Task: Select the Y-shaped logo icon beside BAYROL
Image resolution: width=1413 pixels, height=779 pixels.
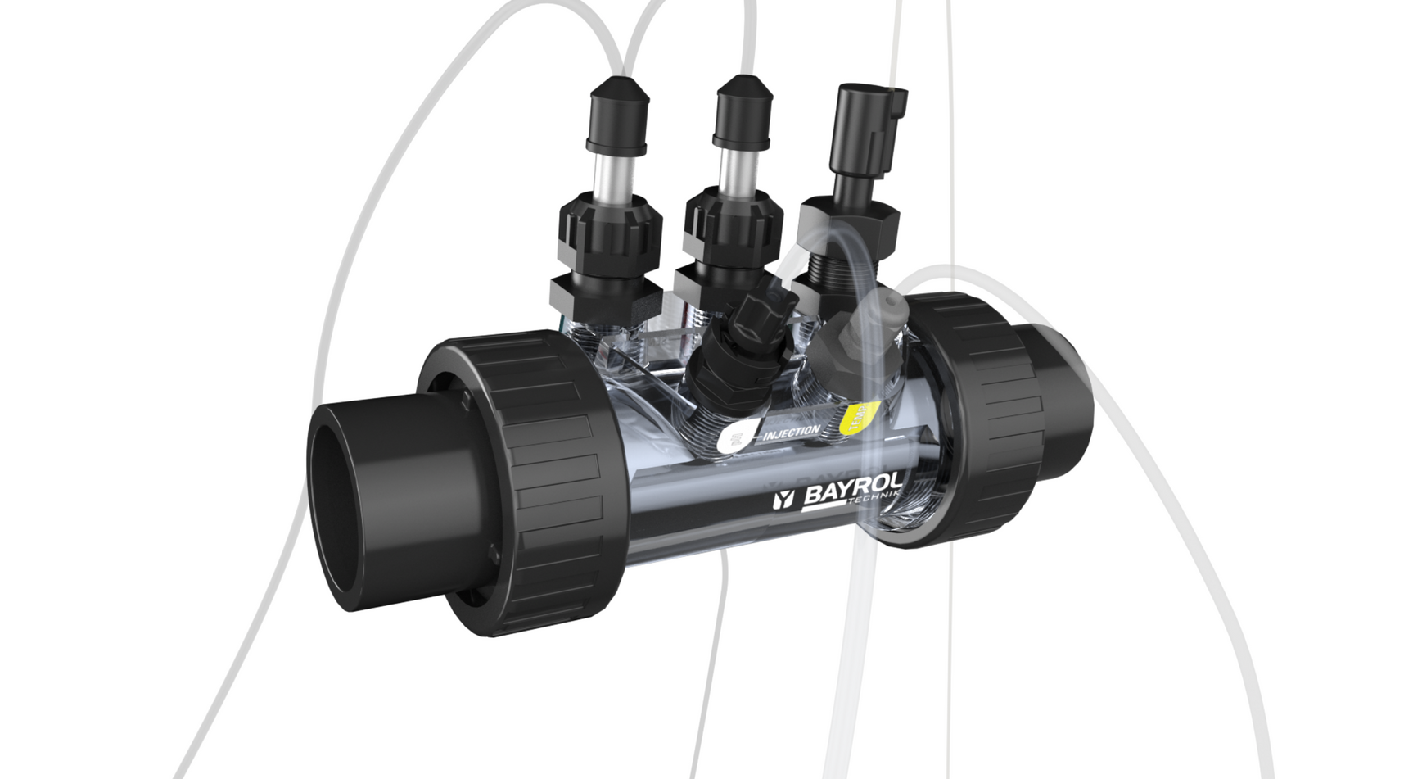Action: [785, 500]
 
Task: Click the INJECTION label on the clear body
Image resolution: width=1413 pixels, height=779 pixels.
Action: [792, 431]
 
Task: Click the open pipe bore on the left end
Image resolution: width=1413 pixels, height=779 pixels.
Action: [360, 500]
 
